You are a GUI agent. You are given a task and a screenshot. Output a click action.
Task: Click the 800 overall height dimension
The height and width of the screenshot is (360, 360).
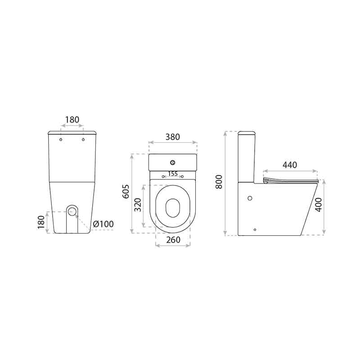pyautogui.click(x=219, y=182)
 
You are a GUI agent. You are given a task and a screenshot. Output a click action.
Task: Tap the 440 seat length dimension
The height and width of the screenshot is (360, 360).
pyautogui.click(x=290, y=165)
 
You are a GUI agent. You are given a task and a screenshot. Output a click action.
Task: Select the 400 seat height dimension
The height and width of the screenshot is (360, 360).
pyautogui.click(x=319, y=205)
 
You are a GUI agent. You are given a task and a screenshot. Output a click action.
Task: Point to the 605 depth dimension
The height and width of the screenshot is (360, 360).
pyautogui.click(x=126, y=191)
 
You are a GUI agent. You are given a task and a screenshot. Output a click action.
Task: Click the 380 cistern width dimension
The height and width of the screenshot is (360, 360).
pyautogui.click(x=173, y=137)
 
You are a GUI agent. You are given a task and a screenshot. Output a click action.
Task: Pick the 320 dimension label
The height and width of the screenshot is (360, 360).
pyautogui.click(x=138, y=205)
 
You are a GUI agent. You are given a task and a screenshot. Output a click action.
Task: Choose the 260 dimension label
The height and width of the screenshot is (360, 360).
pyautogui.click(x=173, y=240)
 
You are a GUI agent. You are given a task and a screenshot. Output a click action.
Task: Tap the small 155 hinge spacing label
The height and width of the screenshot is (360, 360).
pyautogui.click(x=173, y=174)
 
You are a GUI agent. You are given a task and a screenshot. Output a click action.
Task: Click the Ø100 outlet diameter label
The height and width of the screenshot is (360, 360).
pyautogui.click(x=103, y=224)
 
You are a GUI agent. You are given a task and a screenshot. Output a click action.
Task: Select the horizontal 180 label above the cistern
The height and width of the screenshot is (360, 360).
pyautogui.click(x=72, y=120)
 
